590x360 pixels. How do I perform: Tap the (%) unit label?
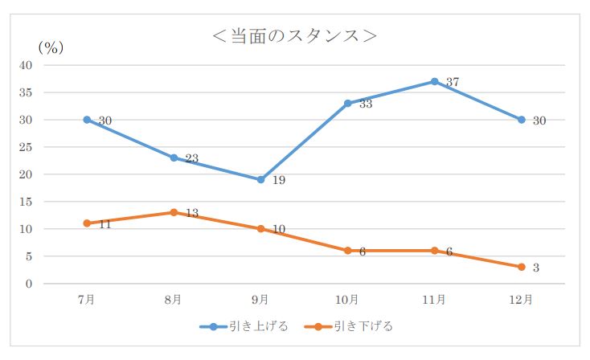pos(51,47)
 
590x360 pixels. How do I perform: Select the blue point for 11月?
pos(434,81)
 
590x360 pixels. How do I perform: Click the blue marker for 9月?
pos(260,179)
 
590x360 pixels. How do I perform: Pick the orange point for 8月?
pos(173,212)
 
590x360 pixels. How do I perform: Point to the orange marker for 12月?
pos(522,267)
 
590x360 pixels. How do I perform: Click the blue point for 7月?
pos(86,120)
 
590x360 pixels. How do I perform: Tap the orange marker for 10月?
pos(347,251)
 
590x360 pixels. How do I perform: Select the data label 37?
pos(452,82)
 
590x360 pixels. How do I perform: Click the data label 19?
pos(278,181)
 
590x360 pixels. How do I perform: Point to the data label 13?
pos(191,213)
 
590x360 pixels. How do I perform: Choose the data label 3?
pos(536,268)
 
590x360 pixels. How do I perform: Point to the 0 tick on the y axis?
pos(30,284)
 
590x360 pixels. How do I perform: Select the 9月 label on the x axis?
pos(260,300)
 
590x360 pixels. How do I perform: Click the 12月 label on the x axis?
pos(521,300)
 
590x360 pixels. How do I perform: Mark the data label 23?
pos(191,159)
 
